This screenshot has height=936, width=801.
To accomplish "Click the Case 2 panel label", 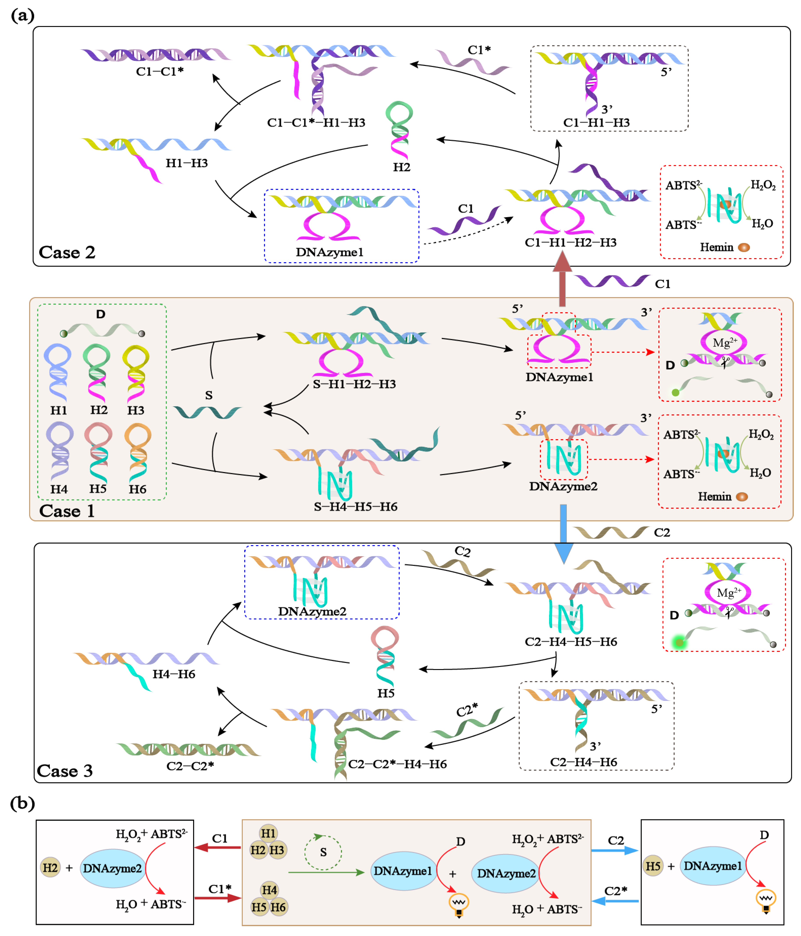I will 67,252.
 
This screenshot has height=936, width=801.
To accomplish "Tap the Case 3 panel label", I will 65,771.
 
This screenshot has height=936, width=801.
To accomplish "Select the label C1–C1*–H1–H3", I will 316,122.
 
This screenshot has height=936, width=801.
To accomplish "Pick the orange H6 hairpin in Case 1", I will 138,452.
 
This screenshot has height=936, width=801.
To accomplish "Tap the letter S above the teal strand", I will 209,395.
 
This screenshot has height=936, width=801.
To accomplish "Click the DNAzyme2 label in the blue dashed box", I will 312,611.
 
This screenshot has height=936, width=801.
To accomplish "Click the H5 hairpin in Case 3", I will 385,655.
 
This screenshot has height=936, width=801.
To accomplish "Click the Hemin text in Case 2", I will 716,247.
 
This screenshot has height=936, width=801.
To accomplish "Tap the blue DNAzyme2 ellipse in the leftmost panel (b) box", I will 113,868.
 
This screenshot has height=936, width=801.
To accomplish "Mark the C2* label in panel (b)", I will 616,891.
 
